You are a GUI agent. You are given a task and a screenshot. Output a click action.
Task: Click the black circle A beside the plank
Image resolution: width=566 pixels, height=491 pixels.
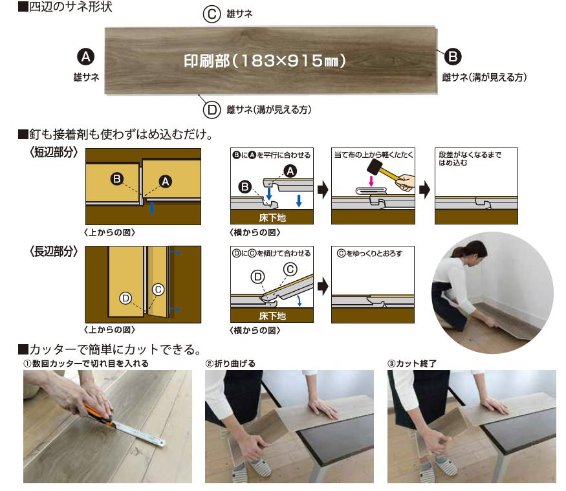86,57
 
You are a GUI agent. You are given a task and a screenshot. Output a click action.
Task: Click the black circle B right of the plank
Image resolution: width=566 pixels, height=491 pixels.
453,57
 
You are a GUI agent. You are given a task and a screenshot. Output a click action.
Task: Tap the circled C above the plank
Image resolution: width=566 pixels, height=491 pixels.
212,14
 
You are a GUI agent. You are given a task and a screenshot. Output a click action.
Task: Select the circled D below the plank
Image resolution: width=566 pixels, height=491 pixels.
212,109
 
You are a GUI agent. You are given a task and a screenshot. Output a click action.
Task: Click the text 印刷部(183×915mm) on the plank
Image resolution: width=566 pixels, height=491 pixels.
265,61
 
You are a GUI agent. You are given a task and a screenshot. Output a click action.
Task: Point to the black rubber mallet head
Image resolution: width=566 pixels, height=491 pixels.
375,166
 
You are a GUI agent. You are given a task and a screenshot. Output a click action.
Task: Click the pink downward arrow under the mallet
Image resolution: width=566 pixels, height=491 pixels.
371,180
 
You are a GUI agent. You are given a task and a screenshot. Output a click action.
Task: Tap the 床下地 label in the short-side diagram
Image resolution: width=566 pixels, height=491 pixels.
272,218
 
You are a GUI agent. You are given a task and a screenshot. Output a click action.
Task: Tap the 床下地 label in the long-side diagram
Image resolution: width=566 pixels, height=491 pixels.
272,316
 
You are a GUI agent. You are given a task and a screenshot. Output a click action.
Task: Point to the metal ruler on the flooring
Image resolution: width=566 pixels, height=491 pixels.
139,433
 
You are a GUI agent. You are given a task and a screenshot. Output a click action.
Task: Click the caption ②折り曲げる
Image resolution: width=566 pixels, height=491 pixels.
230,364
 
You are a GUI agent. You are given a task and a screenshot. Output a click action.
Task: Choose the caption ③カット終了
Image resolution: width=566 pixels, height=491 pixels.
412,364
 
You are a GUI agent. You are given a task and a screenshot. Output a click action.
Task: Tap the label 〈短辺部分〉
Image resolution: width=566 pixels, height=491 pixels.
54,153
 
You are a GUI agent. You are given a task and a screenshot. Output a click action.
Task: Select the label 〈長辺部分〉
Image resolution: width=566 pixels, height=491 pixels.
54,251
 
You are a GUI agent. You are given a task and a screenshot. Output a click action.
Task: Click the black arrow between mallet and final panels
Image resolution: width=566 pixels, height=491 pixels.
424,190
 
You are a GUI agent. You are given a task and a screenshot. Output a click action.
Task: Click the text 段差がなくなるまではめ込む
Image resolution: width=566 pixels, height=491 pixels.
470,158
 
